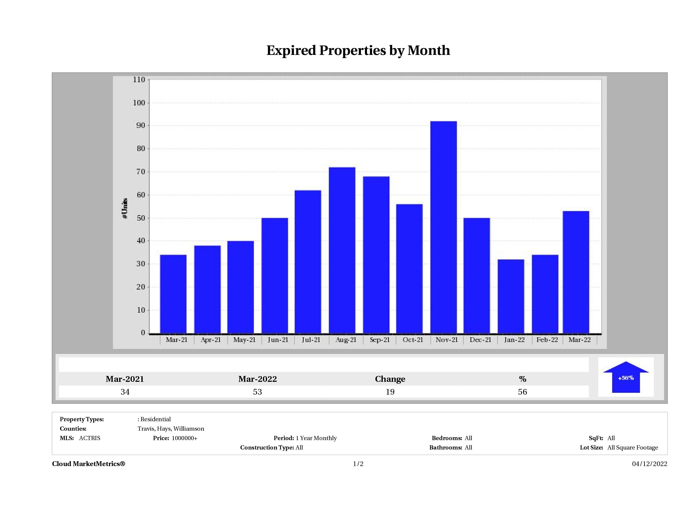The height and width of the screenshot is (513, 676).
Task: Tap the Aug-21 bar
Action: [x=342, y=250]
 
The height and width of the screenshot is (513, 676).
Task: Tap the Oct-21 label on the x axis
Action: [x=412, y=340]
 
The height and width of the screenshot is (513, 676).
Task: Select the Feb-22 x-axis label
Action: [x=547, y=340]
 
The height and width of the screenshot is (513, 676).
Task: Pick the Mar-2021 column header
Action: [x=125, y=379]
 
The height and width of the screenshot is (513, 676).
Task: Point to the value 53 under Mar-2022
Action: [x=257, y=392]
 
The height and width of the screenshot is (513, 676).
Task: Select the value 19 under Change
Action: [x=390, y=392]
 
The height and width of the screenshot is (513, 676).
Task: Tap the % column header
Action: [x=522, y=379]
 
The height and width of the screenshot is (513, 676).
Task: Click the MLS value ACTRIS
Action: [x=89, y=438]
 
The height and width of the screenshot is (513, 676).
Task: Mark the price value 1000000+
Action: [x=184, y=438]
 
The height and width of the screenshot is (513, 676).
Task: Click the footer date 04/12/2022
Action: [x=649, y=464]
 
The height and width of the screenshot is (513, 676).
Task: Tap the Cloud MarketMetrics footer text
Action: [x=89, y=464]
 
